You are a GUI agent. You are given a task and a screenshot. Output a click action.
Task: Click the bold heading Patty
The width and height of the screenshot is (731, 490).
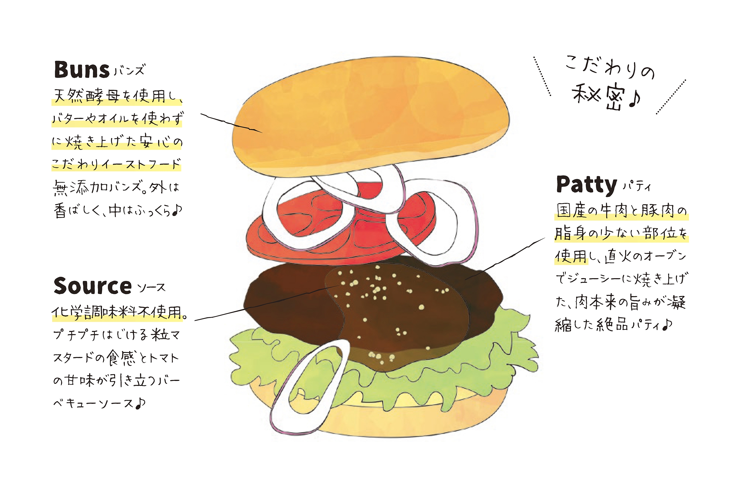point(586,185)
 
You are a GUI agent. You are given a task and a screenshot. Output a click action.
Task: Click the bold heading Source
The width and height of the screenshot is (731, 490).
point(93,286)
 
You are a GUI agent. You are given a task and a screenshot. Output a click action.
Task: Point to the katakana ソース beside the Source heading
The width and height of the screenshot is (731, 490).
point(151,287)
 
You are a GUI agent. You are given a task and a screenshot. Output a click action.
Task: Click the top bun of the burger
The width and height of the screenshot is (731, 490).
point(370,116)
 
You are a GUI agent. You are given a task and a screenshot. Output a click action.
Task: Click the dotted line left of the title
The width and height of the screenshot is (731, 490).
point(542,76)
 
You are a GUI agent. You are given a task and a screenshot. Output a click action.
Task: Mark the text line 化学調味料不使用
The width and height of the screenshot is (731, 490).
point(120,312)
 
